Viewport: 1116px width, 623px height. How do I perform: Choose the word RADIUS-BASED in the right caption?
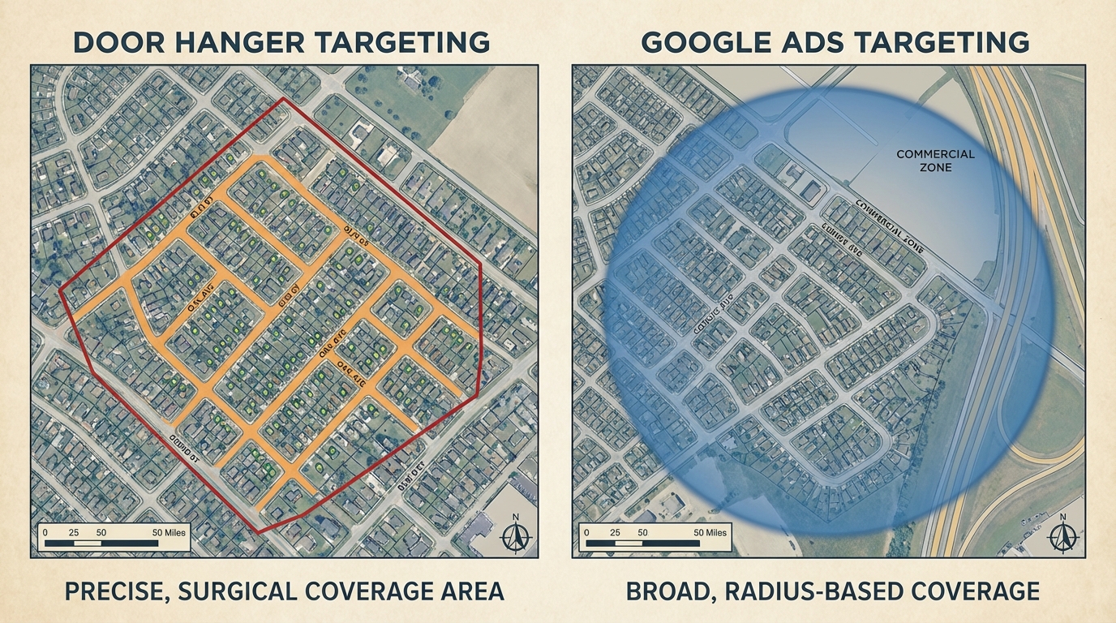pos(821,591)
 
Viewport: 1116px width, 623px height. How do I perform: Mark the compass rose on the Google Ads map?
pos(1062,536)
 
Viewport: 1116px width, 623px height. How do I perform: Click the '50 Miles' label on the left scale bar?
pos(169,532)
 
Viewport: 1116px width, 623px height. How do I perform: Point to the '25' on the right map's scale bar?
pos(614,532)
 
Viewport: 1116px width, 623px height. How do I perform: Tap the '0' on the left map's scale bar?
pos(46,532)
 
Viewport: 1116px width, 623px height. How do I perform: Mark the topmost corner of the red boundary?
pos(282,99)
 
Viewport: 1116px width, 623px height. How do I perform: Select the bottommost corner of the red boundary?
pos(258,532)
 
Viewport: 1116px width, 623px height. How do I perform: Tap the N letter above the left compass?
pos(514,517)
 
